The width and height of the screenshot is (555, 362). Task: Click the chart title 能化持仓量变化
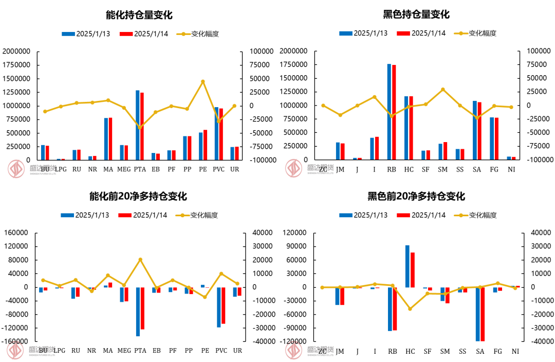(x=139, y=14)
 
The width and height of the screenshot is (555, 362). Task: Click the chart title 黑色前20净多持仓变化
(x=416, y=196)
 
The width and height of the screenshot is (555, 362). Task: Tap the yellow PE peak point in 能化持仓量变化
(x=203, y=81)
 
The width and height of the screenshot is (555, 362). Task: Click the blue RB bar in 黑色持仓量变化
(x=389, y=112)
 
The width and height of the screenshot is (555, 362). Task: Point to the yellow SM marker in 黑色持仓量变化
(x=443, y=90)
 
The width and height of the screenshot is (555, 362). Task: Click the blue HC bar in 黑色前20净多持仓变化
(x=408, y=266)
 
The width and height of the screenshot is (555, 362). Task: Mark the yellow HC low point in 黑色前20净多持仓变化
(x=410, y=309)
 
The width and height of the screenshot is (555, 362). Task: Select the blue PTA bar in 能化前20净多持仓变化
(x=138, y=312)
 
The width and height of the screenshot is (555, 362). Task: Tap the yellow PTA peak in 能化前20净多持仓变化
(x=140, y=260)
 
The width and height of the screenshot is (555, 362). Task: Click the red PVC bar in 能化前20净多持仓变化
(x=224, y=305)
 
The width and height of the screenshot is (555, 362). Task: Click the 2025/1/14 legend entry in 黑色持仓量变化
(x=421, y=33)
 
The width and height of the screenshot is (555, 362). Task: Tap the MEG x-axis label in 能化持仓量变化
(x=124, y=169)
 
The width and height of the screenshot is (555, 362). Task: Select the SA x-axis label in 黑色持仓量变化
(x=477, y=169)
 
